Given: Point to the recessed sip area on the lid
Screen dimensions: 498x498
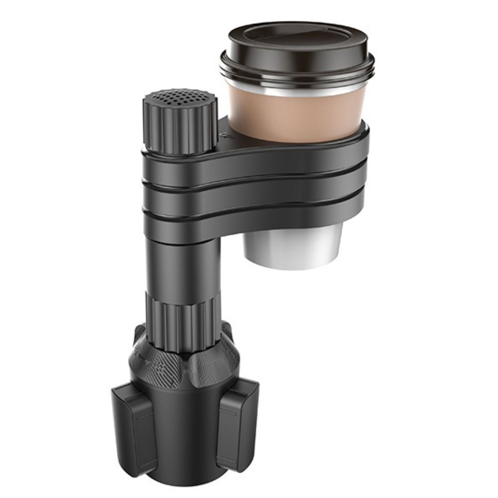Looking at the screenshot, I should (296, 37).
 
